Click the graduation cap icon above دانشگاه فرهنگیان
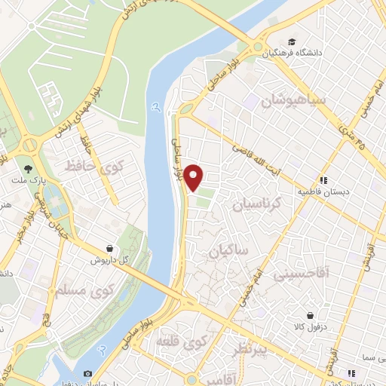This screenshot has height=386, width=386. (x=291, y=41)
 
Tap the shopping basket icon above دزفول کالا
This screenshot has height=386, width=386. (x=310, y=316)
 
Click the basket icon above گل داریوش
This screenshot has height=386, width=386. (x=111, y=247)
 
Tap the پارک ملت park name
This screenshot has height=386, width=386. (x=27, y=181)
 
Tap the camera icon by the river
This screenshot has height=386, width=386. (x=88, y=374)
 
